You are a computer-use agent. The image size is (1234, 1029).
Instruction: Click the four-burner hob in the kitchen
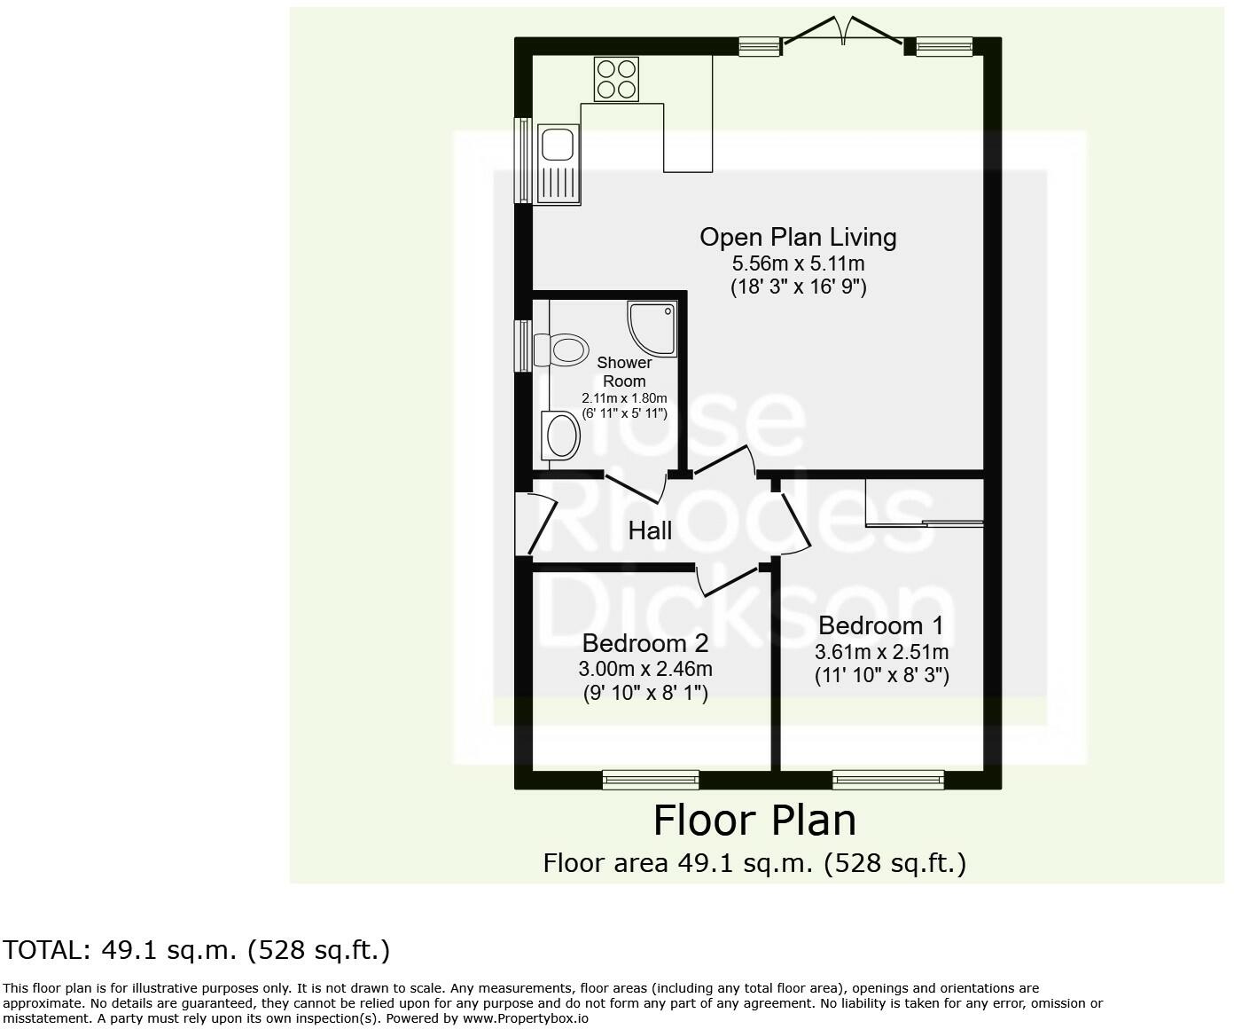[616, 78]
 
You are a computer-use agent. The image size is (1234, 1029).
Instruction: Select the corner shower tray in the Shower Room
[653, 326]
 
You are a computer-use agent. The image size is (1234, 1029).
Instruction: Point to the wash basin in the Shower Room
[562, 436]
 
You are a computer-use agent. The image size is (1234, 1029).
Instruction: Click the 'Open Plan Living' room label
[798, 237]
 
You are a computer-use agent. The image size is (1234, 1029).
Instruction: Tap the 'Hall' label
[650, 530]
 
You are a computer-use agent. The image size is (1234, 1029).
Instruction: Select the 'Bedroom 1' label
[880, 625]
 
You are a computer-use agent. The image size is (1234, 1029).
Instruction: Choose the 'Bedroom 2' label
[645, 643]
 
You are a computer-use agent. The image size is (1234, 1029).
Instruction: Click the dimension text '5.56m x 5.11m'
[798, 263]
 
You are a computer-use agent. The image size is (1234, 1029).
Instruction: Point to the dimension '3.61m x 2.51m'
[881, 652]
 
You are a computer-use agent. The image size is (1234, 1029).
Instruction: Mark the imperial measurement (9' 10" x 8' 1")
[645, 693]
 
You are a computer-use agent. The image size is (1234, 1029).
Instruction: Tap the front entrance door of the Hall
[535, 523]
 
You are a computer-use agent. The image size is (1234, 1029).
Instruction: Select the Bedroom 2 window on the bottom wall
[651, 780]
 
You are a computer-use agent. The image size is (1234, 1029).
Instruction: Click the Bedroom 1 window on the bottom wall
[887, 780]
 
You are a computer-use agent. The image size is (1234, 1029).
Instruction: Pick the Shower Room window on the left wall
[524, 345]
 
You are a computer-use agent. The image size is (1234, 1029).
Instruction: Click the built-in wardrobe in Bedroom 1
[924, 503]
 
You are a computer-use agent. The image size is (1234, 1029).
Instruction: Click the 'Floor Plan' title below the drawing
[754, 821]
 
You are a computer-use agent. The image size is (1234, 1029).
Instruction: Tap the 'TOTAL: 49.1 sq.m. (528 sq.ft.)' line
[196, 950]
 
